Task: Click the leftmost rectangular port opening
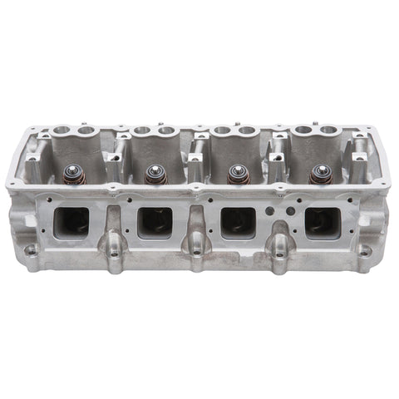(x=71, y=220)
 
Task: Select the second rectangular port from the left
(x=155, y=220)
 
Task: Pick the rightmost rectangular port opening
(x=322, y=220)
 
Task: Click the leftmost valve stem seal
(x=70, y=175)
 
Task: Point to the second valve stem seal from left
(x=153, y=174)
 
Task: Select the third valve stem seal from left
(x=236, y=174)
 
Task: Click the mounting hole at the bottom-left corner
(x=30, y=249)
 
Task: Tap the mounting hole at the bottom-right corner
(x=364, y=249)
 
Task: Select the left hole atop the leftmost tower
(x=60, y=131)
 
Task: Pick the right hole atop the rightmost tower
(x=329, y=131)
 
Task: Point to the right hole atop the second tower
(x=166, y=131)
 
